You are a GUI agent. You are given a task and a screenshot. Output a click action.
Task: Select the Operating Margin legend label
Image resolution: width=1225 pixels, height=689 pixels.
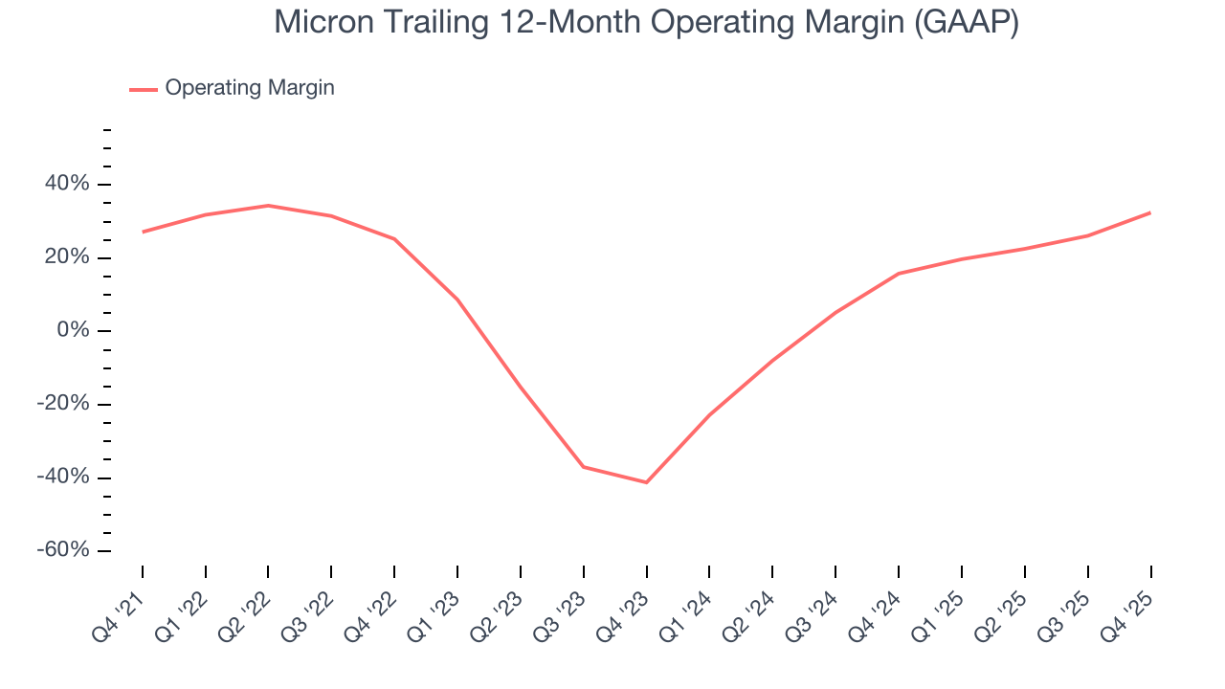(x=250, y=88)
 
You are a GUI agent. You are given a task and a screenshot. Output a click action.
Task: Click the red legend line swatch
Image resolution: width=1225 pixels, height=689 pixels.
(x=144, y=89)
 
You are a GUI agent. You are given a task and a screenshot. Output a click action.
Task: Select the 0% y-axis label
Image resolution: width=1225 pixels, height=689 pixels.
(x=74, y=331)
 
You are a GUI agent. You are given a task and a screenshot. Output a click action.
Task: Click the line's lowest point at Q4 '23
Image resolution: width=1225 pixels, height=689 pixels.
(x=646, y=482)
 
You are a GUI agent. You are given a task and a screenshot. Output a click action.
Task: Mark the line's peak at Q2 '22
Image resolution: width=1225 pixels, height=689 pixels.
(x=268, y=205)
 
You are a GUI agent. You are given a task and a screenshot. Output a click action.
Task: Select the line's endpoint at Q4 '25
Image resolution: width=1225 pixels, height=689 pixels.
(x=1150, y=212)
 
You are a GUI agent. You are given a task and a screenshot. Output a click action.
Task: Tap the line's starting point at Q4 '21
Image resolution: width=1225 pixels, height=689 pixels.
(x=143, y=232)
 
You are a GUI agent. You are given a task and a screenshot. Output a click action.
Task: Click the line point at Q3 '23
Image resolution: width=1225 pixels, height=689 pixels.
(x=583, y=467)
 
